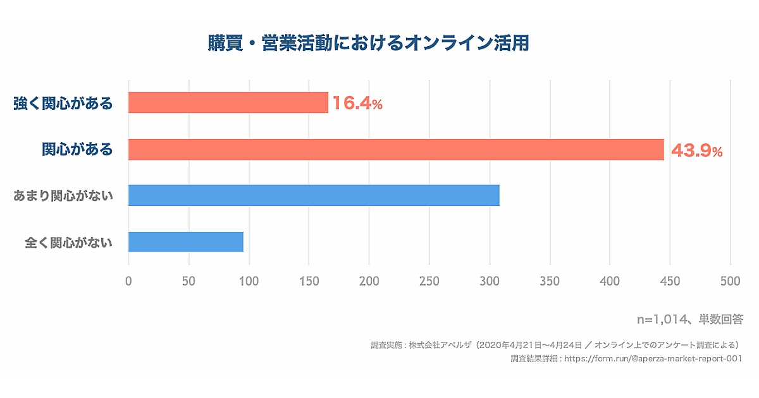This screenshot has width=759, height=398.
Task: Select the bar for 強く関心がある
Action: click(x=228, y=102)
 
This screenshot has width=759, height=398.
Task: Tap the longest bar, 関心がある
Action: click(x=396, y=150)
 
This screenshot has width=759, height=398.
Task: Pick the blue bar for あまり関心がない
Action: click(x=314, y=195)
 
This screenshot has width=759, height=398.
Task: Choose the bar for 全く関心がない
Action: click(x=186, y=242)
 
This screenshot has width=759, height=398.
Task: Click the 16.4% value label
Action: click(x=358, y=104)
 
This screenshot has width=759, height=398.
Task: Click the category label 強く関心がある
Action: click(x=63, y=103)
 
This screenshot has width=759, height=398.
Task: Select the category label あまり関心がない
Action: click(x=63, y=196)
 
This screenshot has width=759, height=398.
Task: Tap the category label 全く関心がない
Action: click(x=68, y=242)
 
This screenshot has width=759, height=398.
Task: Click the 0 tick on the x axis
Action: click(x=128, y=281)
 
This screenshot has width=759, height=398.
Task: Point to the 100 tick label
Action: click(x=249, y=281)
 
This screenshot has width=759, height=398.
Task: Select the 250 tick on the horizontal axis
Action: click(x=429, y=281)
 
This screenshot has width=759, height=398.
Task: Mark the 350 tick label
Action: click(x=550, y=281)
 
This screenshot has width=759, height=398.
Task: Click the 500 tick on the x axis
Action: click(x=730, y=281)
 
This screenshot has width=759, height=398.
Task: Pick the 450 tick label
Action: click(x=670, y=281)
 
